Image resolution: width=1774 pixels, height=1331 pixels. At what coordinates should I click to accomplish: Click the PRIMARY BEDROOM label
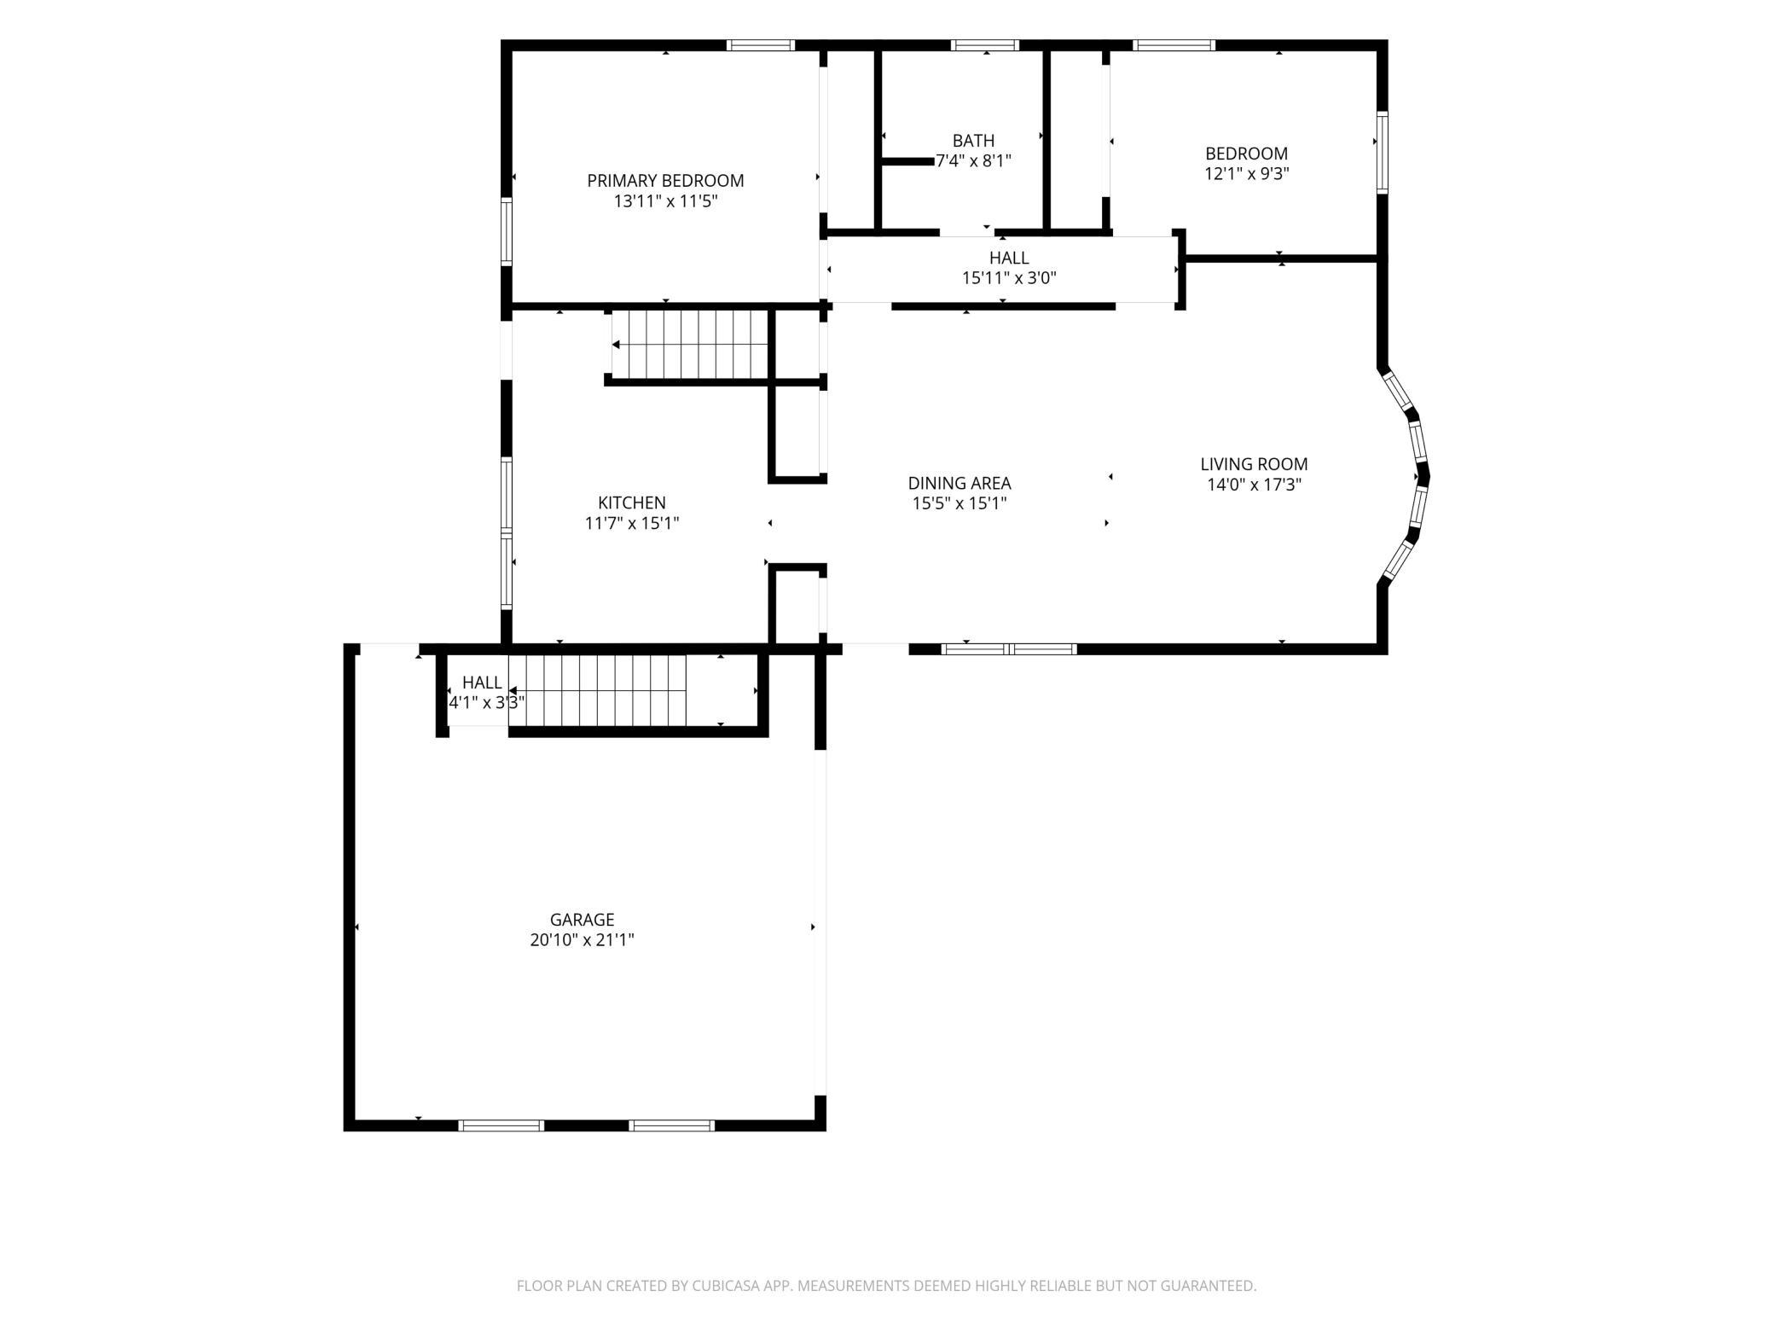(665, 181)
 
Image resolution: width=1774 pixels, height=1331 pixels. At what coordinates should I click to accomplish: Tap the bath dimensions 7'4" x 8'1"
(973, 160)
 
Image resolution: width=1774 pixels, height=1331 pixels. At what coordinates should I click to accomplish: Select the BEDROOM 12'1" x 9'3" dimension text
(1246, 174)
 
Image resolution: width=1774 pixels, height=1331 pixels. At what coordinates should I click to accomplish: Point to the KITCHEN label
(632, 503)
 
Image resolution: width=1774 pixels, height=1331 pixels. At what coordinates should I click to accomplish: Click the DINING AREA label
(959, 483)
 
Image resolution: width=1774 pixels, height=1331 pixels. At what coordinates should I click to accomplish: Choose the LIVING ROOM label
(1254, 464)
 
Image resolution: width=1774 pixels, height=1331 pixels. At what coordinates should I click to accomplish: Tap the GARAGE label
(583, 920)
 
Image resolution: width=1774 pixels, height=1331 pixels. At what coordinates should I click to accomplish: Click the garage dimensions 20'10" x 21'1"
(583, 940)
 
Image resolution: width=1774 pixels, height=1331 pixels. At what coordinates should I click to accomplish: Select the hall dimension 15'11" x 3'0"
(1009, 278)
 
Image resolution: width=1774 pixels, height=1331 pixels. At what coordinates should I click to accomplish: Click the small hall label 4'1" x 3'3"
(486, 703)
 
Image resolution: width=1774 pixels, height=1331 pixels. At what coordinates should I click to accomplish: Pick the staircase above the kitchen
(690, 344)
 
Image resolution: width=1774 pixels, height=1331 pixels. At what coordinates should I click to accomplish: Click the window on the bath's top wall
(985, 45)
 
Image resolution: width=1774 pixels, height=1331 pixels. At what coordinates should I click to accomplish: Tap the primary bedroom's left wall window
(507, 231)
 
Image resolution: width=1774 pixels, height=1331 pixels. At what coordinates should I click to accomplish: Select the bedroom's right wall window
(1382, 153)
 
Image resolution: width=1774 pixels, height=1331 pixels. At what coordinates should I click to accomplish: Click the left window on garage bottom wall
(501, 1125)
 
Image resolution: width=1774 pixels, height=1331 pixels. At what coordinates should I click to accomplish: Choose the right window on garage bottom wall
(672, 1125)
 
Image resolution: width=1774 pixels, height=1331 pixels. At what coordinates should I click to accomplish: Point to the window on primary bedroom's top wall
(761, 45)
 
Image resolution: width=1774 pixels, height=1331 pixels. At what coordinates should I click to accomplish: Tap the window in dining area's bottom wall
(1009, 649)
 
